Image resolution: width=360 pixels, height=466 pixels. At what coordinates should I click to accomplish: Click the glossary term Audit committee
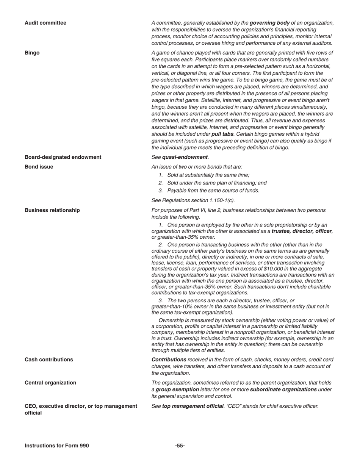point(45,23)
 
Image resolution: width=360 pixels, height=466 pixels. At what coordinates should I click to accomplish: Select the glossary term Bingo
point(32,53)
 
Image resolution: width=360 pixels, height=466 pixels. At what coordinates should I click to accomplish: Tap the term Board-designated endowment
point(63,157)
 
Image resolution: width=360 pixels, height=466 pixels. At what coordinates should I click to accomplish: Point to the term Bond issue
point(39,167)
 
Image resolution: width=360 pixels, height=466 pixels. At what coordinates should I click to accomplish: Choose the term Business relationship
point(52,210)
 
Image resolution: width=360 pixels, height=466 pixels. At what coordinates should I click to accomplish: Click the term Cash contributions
point(49,360)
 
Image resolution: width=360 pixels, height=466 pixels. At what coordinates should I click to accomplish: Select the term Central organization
point(50,383)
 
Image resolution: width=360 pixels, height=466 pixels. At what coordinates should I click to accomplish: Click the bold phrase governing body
point(269,23)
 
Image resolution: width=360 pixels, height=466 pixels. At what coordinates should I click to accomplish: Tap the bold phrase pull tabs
point(222,134)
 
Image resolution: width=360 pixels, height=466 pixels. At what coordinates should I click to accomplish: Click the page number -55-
point(180,446)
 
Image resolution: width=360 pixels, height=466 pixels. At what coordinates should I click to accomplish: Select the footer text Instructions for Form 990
point(57,446)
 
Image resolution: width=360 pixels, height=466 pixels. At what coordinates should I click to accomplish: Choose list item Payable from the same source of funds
point(213,191)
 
